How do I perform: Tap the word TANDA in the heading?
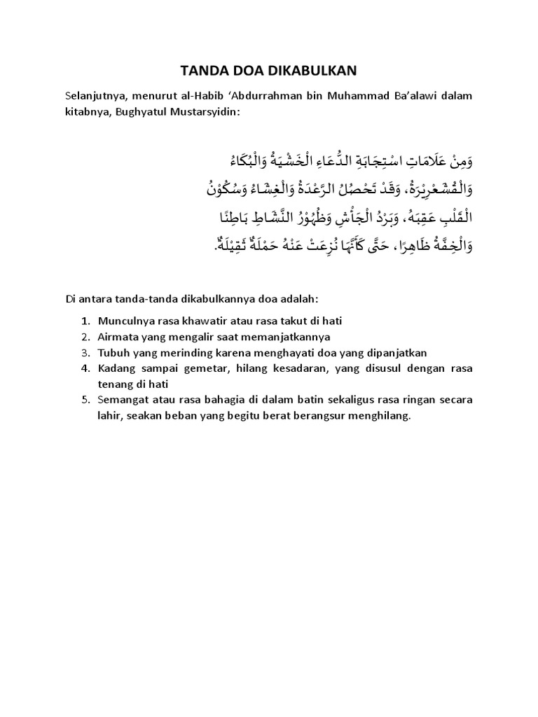coord(204,70)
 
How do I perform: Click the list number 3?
coord(85,352)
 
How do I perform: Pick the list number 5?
coord(85,400)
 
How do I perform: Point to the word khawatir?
coord(212,321)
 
